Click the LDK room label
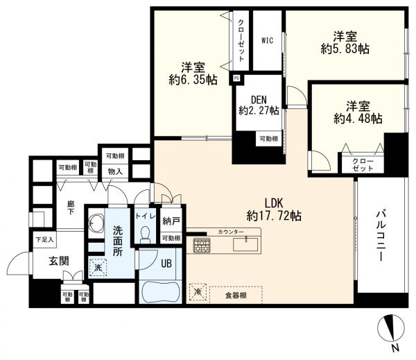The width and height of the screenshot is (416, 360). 274,203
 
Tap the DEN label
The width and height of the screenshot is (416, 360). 259,100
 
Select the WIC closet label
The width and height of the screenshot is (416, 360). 267,41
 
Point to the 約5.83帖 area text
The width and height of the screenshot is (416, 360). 345,49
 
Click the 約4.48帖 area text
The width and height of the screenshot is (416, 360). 358,119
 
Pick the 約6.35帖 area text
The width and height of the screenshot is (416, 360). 193,80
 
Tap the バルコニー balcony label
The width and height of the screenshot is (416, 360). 381,235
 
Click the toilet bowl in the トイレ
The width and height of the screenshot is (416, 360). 145,234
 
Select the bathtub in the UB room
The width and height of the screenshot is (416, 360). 161,291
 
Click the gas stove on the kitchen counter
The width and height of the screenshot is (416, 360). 202,245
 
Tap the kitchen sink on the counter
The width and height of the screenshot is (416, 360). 245,244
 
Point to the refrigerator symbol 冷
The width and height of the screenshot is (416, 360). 198,292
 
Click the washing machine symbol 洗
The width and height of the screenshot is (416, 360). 98,268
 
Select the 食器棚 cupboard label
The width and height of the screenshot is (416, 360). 236,295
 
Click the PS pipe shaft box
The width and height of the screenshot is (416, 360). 236,78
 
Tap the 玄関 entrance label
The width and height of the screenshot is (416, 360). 59,262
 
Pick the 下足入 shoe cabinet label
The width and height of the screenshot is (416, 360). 44,240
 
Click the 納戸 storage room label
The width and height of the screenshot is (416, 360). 171,221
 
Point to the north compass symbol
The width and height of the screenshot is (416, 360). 391,327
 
